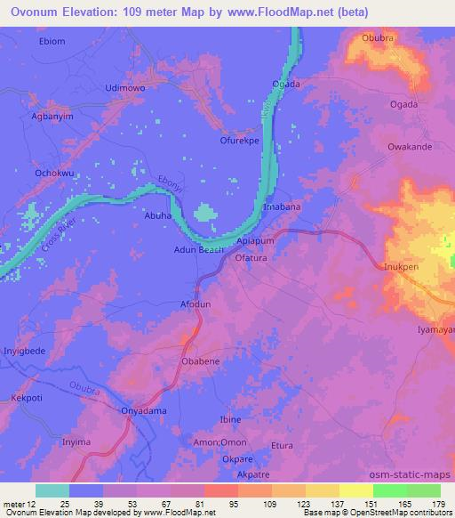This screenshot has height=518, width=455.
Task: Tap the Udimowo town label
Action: tap(124, 89)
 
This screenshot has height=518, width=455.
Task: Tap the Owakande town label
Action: tap(409, 146)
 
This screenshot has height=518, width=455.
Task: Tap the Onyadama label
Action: tap(143, 411)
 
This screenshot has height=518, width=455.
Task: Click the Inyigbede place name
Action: tap(26, 350)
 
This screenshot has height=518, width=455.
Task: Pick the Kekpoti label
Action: tap(27, 398)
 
